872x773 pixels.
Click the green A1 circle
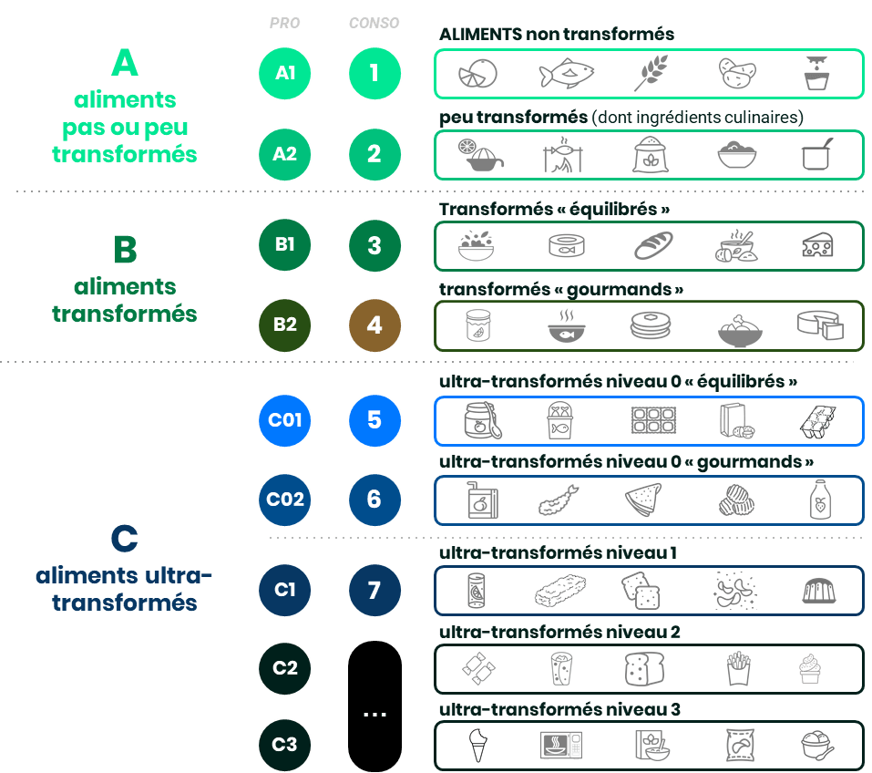click(284, 73)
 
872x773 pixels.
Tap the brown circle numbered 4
click(374, 325)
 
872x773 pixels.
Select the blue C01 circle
click(284, 420)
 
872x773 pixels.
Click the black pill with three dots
click(374, 706)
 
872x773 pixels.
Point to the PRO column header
click(284, 23)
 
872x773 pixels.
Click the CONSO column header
click(374, 23)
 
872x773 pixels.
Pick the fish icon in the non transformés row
click(566, 73)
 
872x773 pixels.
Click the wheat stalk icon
click(651, 72)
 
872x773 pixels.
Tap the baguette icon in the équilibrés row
click(653, 245)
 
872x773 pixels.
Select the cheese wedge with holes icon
click(817, 245)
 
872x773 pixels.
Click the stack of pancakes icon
click(651, 325)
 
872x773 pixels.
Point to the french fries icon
click(737, 668)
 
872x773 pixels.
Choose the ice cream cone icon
click(477, 745)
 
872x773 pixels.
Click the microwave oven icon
click(561, 745)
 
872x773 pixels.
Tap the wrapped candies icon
click(478, 668)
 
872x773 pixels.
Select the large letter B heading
click(125, 250)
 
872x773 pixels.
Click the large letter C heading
click(125, 538)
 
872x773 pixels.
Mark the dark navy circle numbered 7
click(374, 590)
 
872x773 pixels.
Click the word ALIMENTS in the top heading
click(480, 35)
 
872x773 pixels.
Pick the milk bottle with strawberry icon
click(820, 500)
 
